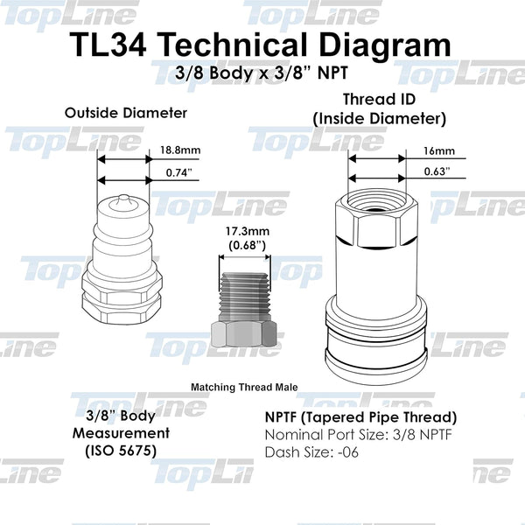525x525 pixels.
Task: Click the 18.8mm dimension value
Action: (x=180, y=150)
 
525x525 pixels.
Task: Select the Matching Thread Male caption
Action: (x=245, y=385)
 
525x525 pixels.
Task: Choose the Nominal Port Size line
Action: (x=348, y=435)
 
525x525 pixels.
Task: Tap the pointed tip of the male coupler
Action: (x=124, y=199)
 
